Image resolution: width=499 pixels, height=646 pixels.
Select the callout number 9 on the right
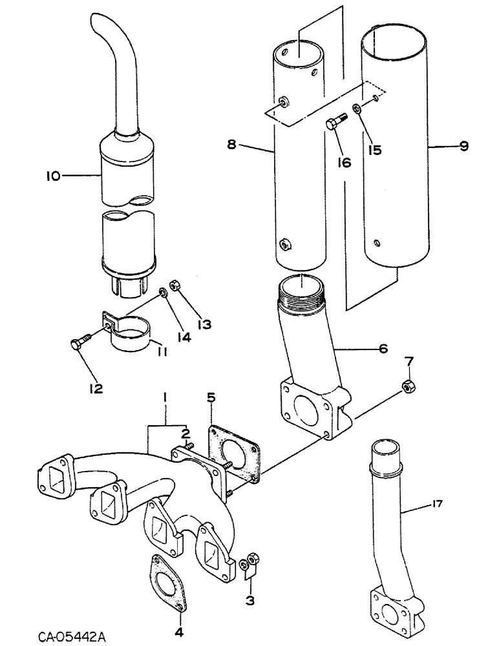coord(463,147)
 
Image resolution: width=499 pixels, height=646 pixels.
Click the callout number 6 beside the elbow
coord(383,348)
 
